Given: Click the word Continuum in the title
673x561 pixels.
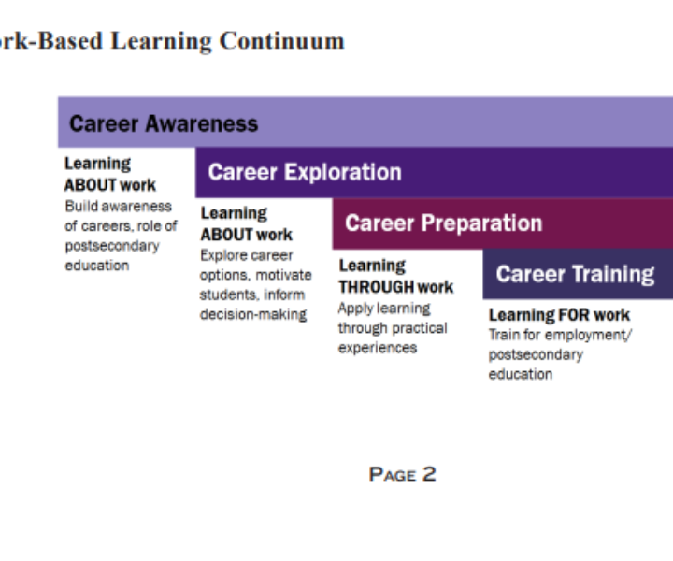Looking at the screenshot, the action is pos(282,41).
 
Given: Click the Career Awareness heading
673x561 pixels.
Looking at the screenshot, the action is pos(164,123).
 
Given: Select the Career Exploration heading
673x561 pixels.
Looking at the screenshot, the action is pos(305,173).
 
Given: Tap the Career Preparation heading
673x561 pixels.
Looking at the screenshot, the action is pos(444,223).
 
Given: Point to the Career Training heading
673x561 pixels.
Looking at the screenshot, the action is pos(575,274).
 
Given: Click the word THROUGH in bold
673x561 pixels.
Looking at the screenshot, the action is pos(376,287).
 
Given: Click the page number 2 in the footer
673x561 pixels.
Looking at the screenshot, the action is pos(429,474).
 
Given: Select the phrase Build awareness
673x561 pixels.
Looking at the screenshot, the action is pos(119,207).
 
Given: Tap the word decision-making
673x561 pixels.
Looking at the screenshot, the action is pos(253,314).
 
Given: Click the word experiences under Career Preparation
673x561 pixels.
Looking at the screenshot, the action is pos(378,348).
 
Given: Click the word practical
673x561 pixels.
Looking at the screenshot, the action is pos(419,328).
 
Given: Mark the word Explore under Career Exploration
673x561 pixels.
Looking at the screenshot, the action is pos(220,255).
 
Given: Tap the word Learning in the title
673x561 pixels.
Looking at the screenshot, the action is pos(162,42).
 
